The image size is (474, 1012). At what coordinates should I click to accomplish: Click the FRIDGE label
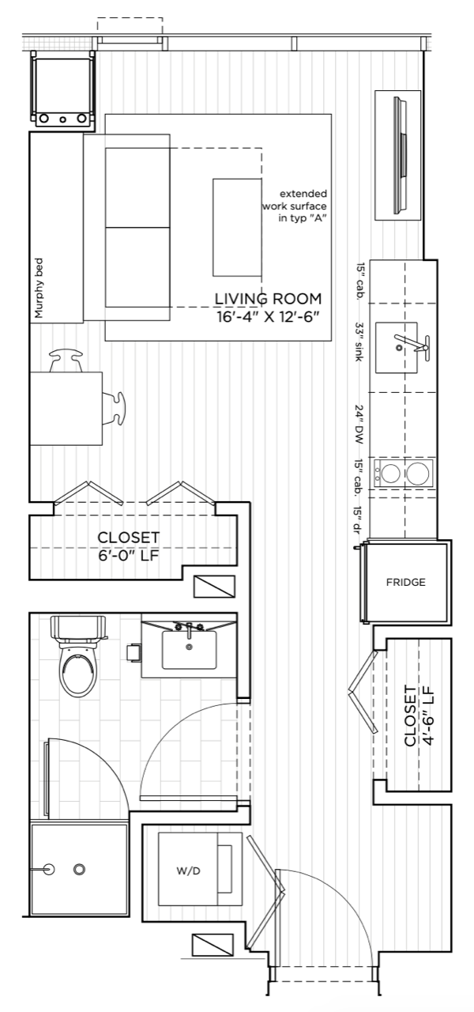point(405,583)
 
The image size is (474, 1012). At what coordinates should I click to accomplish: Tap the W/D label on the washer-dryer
point(188,871)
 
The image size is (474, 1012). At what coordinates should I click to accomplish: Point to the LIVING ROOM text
point(268,299)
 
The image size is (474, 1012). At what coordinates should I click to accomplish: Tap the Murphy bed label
point(39,287)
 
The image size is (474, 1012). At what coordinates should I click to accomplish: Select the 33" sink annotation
point(359,341)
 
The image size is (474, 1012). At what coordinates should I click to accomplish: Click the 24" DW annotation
point(359,424)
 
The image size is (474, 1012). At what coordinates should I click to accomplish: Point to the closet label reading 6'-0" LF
point(129,555)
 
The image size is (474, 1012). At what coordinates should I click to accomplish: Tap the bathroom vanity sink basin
point(189,650)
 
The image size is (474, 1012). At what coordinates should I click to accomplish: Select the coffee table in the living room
point(238,227)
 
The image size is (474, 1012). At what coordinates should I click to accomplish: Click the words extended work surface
point(295,200)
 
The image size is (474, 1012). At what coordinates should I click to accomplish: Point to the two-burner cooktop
point(403,473)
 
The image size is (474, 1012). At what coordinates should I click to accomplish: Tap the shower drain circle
point(80,869)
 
